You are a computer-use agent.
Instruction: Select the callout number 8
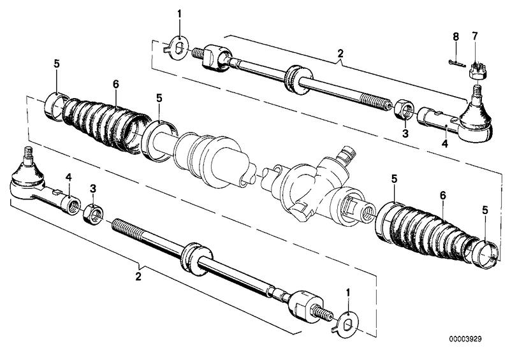click(456, 37)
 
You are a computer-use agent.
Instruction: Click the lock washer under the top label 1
click(179, 47)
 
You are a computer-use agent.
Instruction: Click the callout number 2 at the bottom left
click(138, 277)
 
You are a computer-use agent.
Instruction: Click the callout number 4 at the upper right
click(444, 144)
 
